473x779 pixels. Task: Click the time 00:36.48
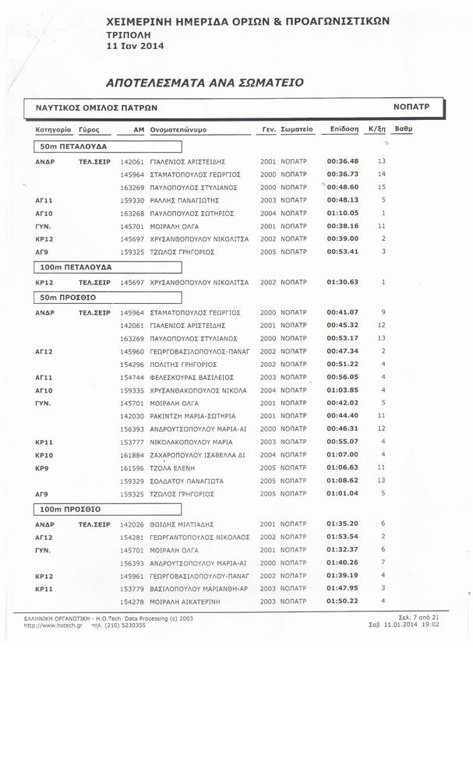point(343,161)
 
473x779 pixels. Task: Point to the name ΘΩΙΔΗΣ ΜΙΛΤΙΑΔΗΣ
point(182,524)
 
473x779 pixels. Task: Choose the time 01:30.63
point(343,282)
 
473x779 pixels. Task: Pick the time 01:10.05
point(343,213)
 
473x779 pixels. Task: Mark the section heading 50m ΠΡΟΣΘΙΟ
point(68,298)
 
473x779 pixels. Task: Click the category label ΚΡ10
point(44,455)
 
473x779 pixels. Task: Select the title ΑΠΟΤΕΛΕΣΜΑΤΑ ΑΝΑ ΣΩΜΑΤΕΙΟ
point(204,81)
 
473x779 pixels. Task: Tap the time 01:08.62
point(343,481)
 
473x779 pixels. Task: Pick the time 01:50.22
point(343,601)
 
